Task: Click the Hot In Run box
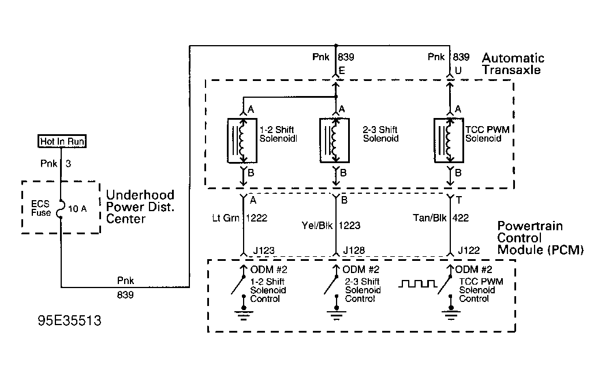coord(62,141)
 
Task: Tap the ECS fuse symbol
coord(60,209)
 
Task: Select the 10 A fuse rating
coord(77,209)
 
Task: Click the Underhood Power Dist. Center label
coord(140,207)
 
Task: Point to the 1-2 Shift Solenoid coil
coord(242,141)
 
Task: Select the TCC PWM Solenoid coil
coord(449,141)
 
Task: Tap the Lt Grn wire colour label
coord(226,218)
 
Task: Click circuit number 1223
coord(350,226)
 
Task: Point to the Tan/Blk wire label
coord(430,218)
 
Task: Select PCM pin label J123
coord(264,250)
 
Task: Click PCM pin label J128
coord(354,250)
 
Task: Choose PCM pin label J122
coord(469,250)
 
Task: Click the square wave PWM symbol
coord(417,284)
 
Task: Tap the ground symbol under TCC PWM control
coord(451,314)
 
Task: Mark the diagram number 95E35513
coord(69,320)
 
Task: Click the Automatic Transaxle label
coord(513,64)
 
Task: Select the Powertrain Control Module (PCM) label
coord(540,238)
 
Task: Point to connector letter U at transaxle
coord(458,71)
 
